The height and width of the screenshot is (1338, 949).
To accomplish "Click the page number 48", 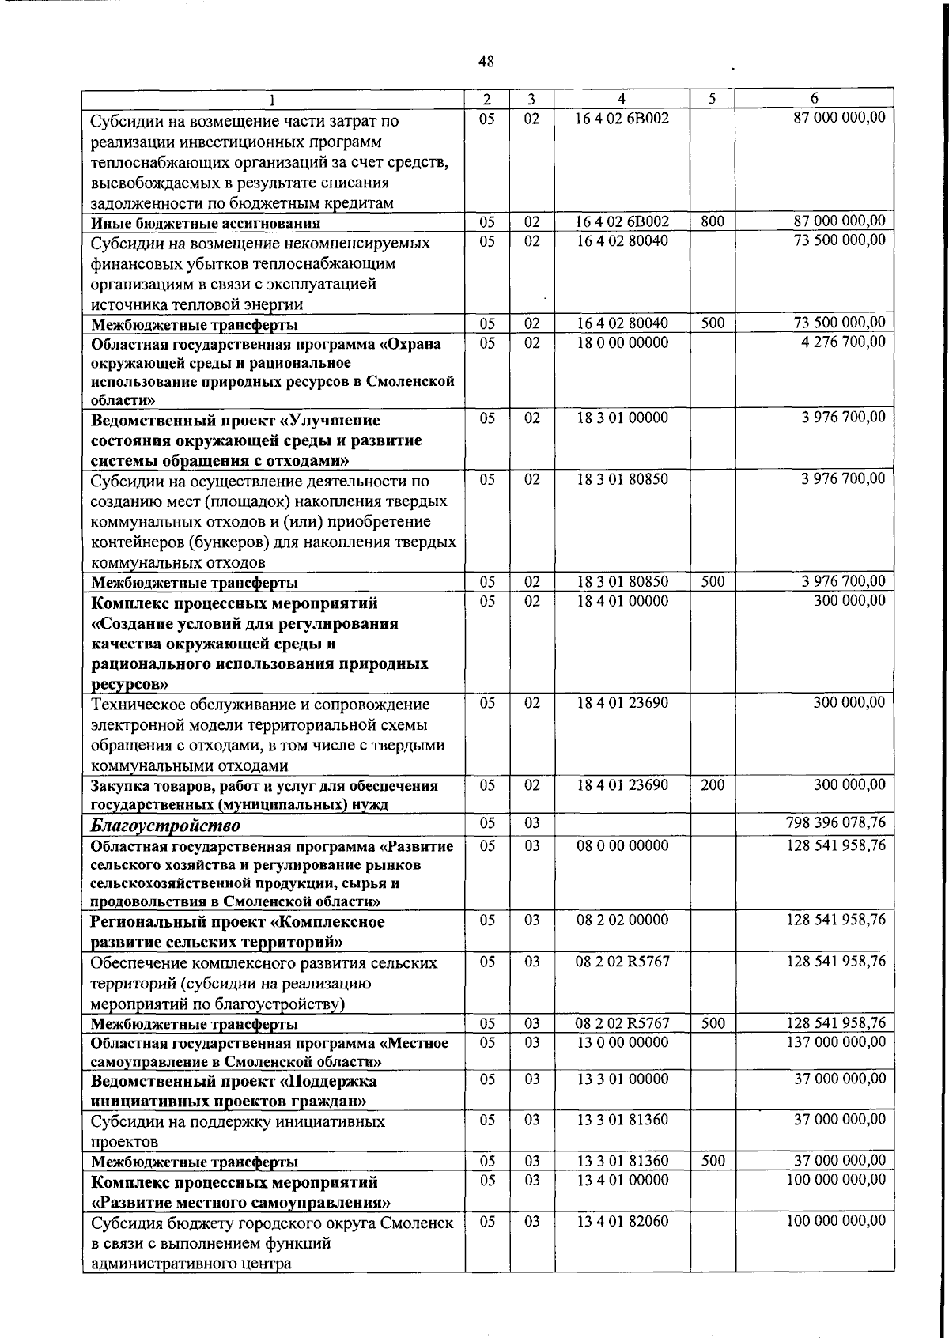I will point(486,61).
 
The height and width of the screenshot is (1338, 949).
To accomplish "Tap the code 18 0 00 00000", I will point(622,342).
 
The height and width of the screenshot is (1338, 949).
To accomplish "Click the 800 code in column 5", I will point(713,222).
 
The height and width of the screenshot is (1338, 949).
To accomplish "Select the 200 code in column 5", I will point(713,785).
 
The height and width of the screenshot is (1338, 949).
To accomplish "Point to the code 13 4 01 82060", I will point(622,1222).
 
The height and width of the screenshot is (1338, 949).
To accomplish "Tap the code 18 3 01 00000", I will point(622,418).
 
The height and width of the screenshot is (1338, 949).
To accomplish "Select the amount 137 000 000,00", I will point(836,1042).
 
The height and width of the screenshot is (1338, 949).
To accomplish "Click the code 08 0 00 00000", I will point(622,845).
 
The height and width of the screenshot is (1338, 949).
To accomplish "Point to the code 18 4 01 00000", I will point(622,601).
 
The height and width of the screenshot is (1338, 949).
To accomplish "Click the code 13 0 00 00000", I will point(622,1042).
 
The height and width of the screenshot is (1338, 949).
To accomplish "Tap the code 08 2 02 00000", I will point(622,920).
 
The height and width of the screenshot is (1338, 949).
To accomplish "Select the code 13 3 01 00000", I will point(622,1079).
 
